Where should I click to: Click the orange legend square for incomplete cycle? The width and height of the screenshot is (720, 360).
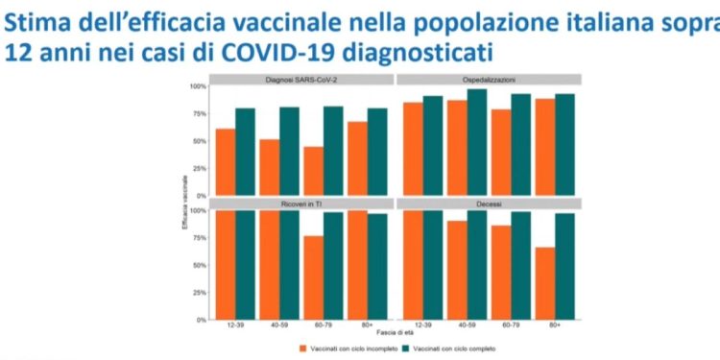[x=303, y=348]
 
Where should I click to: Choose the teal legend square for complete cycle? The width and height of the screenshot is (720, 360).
[x=406, y=348]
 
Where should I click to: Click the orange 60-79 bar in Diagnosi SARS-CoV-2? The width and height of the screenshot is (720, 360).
[x=313, y=171]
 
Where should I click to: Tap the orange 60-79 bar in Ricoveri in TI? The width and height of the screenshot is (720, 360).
[x=313, y=277]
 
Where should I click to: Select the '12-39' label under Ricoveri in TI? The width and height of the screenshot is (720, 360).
[x=235, y=326]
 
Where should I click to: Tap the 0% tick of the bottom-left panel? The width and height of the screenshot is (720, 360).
[x=203, y=320]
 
